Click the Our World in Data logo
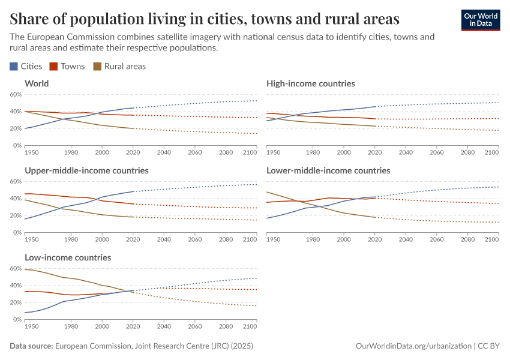click(480, 20)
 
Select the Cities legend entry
click(26, 66)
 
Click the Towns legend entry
click(67, 66)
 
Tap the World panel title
click(37, 83)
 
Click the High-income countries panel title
click(311, 83)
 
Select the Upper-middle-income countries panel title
click(86, 170)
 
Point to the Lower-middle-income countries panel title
click(328, 170)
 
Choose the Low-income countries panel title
click(68, 257)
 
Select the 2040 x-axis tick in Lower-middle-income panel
click(406, 240)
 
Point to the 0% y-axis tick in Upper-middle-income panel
click(17, 232)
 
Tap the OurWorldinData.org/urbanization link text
click(413, 346)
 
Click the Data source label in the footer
click(32, 346)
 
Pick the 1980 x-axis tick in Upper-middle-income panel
click(71, 240)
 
